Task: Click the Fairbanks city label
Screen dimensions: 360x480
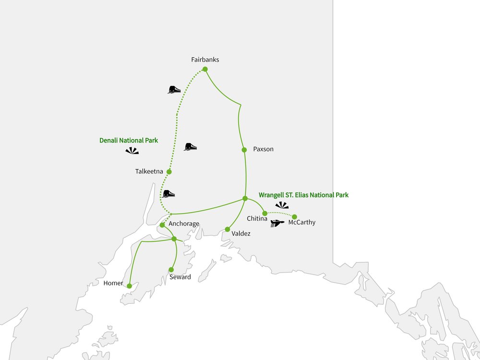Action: point(205,60)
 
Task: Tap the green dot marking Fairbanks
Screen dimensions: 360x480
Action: point(205,69)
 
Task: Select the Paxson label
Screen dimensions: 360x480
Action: point(263,149)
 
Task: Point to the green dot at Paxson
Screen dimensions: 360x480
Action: point(244,150)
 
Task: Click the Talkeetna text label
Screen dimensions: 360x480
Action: point(150,171)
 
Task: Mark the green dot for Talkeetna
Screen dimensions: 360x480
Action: point(168,171)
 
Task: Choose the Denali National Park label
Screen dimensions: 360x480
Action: point(129,141)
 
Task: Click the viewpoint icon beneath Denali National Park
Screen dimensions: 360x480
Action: point(132,151)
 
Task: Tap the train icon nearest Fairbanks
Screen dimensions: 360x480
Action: point(174,89)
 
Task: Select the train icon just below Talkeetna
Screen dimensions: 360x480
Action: point(168,194)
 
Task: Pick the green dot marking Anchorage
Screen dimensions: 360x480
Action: point(162,225)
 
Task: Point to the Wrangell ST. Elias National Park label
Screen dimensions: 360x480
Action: point(303,195)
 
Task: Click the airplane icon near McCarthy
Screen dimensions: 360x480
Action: point(277,223)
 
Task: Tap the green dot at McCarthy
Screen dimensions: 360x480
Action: point(295,216)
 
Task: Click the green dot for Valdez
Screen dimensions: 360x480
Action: point(228,229)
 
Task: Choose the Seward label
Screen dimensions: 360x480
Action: point(180,277)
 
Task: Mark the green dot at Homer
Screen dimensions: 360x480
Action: point(129,286)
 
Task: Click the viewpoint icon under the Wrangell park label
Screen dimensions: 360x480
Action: point(282,205)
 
